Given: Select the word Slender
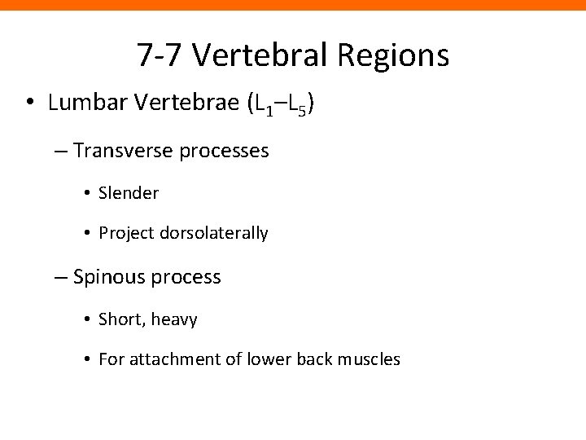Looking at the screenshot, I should point(129,193).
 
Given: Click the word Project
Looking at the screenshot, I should point(125,234).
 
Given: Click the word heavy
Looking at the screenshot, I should point(174,320).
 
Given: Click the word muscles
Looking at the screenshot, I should point(371,359).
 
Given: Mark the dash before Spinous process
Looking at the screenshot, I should point(62,278).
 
